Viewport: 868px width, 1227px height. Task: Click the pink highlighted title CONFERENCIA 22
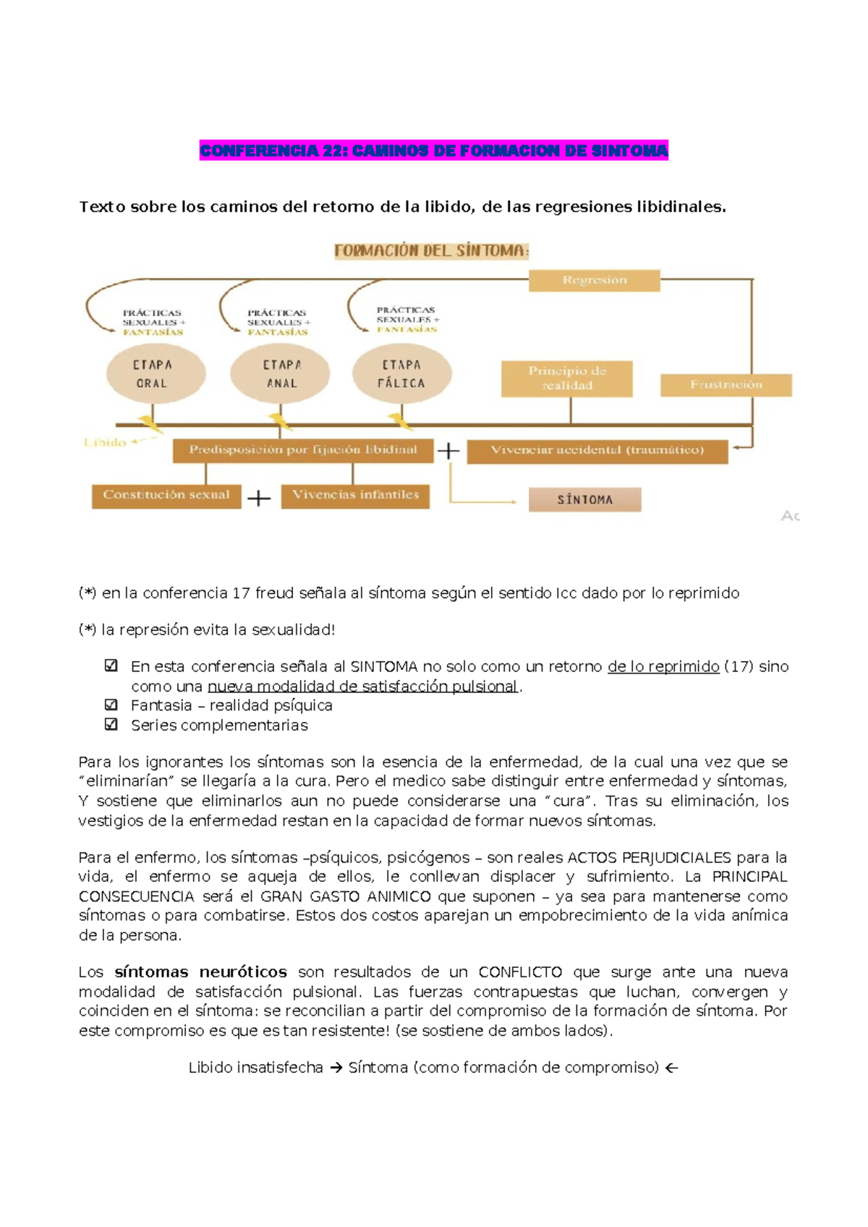[433, 150]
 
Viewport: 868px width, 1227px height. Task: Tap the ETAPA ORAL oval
[156, 374]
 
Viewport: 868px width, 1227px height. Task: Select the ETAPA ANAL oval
[281, 374]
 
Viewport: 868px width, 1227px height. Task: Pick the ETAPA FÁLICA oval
[401, 373]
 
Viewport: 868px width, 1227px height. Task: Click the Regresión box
[594, 280]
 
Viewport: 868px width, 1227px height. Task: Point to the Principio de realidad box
[566, 378]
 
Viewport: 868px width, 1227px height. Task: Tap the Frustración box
[726, 384]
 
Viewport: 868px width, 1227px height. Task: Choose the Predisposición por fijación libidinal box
[303, 450]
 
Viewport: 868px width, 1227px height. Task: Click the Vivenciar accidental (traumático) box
[597, 450]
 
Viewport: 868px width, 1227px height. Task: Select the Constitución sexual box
[166, 496]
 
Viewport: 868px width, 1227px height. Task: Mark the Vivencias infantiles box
[355, 496]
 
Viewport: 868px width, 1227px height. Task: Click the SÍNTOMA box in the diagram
[584, 499]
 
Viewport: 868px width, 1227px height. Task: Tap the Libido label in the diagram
[105, 442]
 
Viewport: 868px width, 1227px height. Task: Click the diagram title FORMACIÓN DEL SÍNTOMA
[431, 251]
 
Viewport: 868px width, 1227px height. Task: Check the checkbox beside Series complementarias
[111, 724]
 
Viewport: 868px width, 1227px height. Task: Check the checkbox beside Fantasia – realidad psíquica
[111, 705]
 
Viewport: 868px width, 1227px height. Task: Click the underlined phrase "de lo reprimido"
[663, 666]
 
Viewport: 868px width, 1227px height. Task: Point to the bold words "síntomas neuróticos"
[200, 972]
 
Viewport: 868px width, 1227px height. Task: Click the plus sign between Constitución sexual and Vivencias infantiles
[259, 498]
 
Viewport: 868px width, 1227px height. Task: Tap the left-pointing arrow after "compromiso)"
[671, 1068]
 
